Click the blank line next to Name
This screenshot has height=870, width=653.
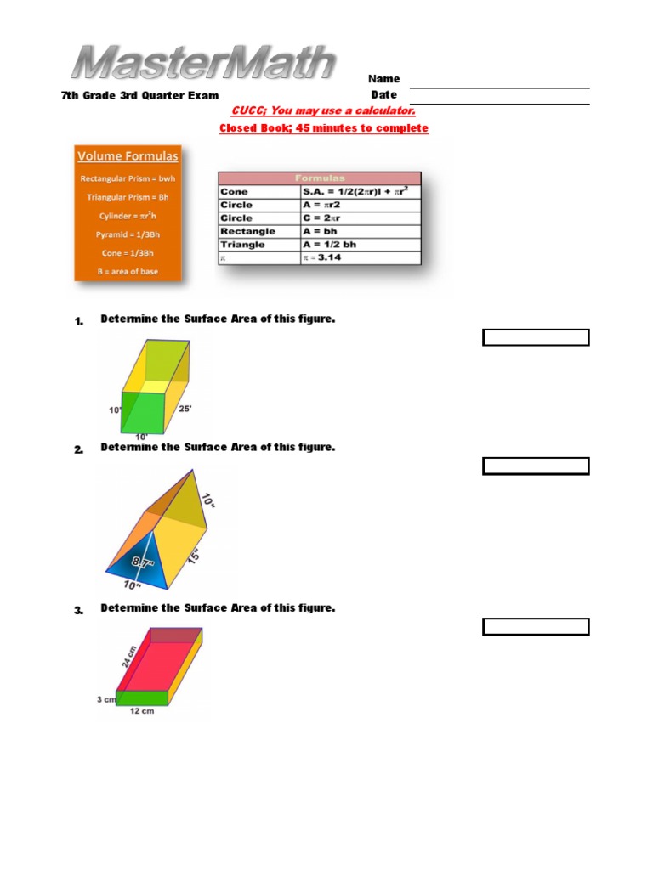(500, 87)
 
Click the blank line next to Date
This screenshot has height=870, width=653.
(500, 103)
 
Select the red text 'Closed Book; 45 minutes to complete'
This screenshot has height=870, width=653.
(324, 128)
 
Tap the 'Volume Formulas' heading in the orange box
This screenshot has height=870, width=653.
(128, 156)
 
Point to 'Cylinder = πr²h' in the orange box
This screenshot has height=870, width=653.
(128, 216)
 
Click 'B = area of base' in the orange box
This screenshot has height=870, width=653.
(128, 272)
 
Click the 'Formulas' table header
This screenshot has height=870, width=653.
(319, 178)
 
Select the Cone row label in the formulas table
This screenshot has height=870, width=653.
(235, 192)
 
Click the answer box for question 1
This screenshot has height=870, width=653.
(536, 338)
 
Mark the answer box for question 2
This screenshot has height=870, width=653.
(536, 466)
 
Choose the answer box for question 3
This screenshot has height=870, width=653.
(536, 627)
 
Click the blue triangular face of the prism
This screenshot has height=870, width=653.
(139, 566)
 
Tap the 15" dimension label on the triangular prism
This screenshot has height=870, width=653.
(195, 557)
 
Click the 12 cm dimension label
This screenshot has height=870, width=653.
(140, 711)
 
